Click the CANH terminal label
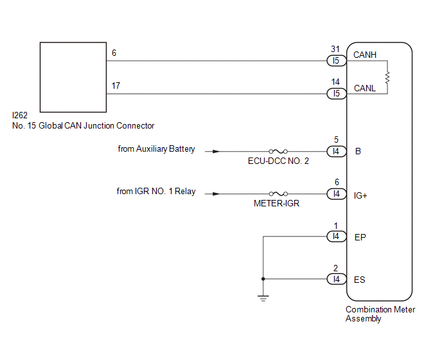pyautogui.click(x=365, y=55)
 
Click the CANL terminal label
pyautogui.click(x=365, y=88)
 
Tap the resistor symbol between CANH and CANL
pyautogui.click(x=387, y=78)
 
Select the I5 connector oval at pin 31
pyautogui.click(x=337, y=60)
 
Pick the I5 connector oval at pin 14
pyautogui.click(x=337, y=94)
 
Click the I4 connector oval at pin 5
pyautogui.click(x=337, y=152)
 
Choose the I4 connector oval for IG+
pyautogui.click(x=337, y=194)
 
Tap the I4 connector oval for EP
pyautogui.click(x=337, y=237)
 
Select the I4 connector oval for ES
pyautogui.click(x=337, y=279)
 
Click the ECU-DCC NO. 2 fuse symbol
pyautogui.click(x=278, y=151)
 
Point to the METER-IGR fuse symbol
pyautogui.click(x=278, y=194)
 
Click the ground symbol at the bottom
pyautogui.click(x=263, y=298)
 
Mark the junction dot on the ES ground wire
pyautogui.click(x=263, y=279)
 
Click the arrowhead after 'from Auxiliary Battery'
pyautogui.click(x=217, y=152)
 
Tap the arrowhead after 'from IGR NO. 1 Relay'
pyautogui.click(x=217, y=194)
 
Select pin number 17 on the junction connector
pyautogui.click(x=116, y=85)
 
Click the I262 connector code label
pyautogui.click(x=20, y=115)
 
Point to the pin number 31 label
pyautogui.click(x=335, y=49)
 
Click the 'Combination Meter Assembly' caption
pyautogui.click(x=380, y=314)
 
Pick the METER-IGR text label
pyautogui.click(x=276, y=203)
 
